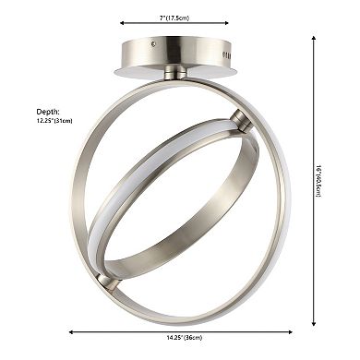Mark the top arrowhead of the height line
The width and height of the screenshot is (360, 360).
tap(314, 38)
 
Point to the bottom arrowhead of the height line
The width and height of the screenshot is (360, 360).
tap(314, 324)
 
